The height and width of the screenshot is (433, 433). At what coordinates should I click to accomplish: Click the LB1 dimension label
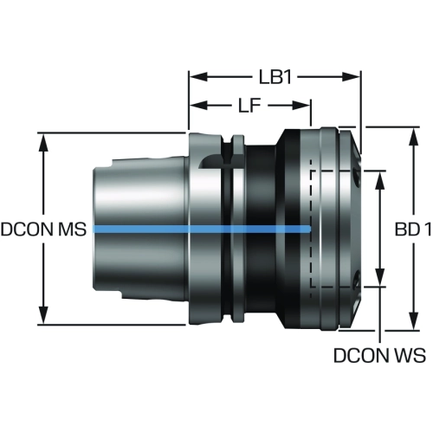(275, 77)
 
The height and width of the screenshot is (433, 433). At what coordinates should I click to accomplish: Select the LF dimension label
(249, 106)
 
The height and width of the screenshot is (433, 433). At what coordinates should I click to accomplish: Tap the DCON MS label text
(43, 229)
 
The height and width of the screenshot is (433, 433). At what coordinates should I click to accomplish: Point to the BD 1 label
(413, 229)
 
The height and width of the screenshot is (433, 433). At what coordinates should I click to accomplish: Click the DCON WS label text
(379, 355)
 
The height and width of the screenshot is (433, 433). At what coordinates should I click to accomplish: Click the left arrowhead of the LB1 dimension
(198, 77)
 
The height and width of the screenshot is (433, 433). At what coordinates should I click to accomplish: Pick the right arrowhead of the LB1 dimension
(351, 77)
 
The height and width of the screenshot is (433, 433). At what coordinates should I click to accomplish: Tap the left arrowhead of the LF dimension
(198, 106)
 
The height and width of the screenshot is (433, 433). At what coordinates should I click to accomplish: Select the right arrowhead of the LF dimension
(301, 106)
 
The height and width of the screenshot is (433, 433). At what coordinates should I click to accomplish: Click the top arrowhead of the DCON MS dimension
(43, 142)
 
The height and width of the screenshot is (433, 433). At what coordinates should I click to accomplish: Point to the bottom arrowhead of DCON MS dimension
(43, 315)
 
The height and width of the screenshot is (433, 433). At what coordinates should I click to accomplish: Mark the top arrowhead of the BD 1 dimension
(414, 137)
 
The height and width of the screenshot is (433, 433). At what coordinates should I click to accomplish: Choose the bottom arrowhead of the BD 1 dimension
(414, 321)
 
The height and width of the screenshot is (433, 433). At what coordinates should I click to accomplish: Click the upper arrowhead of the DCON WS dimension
(380, 180)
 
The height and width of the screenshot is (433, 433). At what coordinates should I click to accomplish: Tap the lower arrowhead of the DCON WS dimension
(380, 277)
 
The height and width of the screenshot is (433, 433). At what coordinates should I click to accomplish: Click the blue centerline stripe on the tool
(202, 229)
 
